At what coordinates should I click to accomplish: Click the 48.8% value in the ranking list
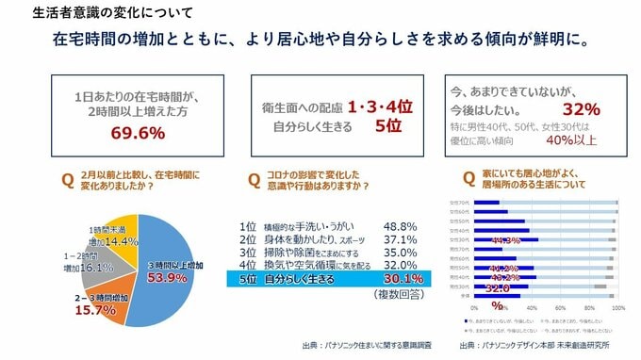401,227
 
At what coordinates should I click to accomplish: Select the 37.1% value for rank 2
401,240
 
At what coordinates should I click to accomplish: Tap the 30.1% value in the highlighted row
402,279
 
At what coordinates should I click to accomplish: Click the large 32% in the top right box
581,107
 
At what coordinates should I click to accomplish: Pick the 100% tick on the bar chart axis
618,307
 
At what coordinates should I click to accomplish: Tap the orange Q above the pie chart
67,178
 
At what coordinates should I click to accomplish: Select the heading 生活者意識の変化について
95,14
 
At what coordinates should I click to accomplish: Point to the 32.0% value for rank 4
401,266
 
